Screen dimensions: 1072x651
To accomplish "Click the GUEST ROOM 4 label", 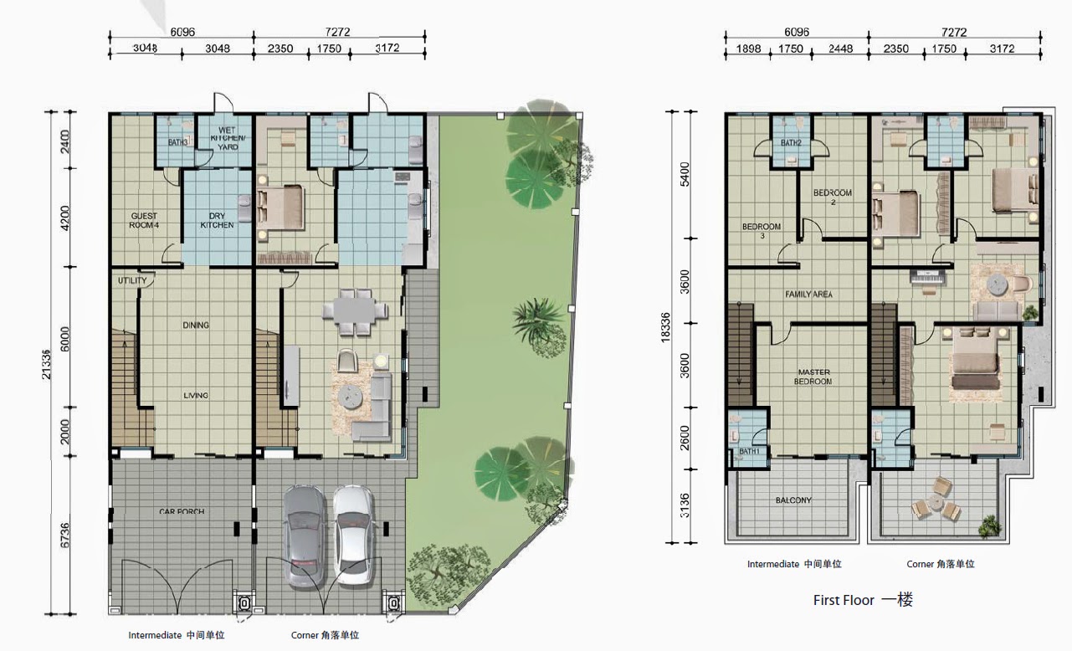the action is [x=144, y=220].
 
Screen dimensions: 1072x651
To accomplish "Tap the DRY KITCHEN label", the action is [x=217, y=220].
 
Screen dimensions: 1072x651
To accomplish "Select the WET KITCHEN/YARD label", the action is [x=228, y=138].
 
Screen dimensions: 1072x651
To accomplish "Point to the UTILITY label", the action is [x=132, y=280].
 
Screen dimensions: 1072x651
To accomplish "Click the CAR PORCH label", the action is [x=182, y=511].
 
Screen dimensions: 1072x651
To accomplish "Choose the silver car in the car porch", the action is [x=304, y=536].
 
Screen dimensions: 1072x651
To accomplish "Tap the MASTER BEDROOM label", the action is [x=813, y=377].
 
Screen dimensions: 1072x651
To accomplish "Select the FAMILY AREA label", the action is [x=808, y=295].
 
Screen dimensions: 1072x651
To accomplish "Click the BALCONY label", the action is [x=793, y=500].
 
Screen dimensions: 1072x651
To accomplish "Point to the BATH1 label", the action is [x=749, y=451].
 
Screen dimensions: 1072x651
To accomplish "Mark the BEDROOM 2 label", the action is [x=833, y=197].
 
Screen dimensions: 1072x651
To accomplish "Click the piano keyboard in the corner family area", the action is [x=928, y=277].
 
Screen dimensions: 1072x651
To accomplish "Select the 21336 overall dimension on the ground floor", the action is [x=46, y=365].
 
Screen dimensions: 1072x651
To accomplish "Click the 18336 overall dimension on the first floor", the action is [x=665, y=327].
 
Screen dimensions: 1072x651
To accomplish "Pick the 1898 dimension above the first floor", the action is [x=748, y=49].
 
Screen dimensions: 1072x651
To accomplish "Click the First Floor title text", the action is [x=844, y=600].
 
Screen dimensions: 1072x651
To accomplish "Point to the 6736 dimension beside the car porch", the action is [x=65, y=536].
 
